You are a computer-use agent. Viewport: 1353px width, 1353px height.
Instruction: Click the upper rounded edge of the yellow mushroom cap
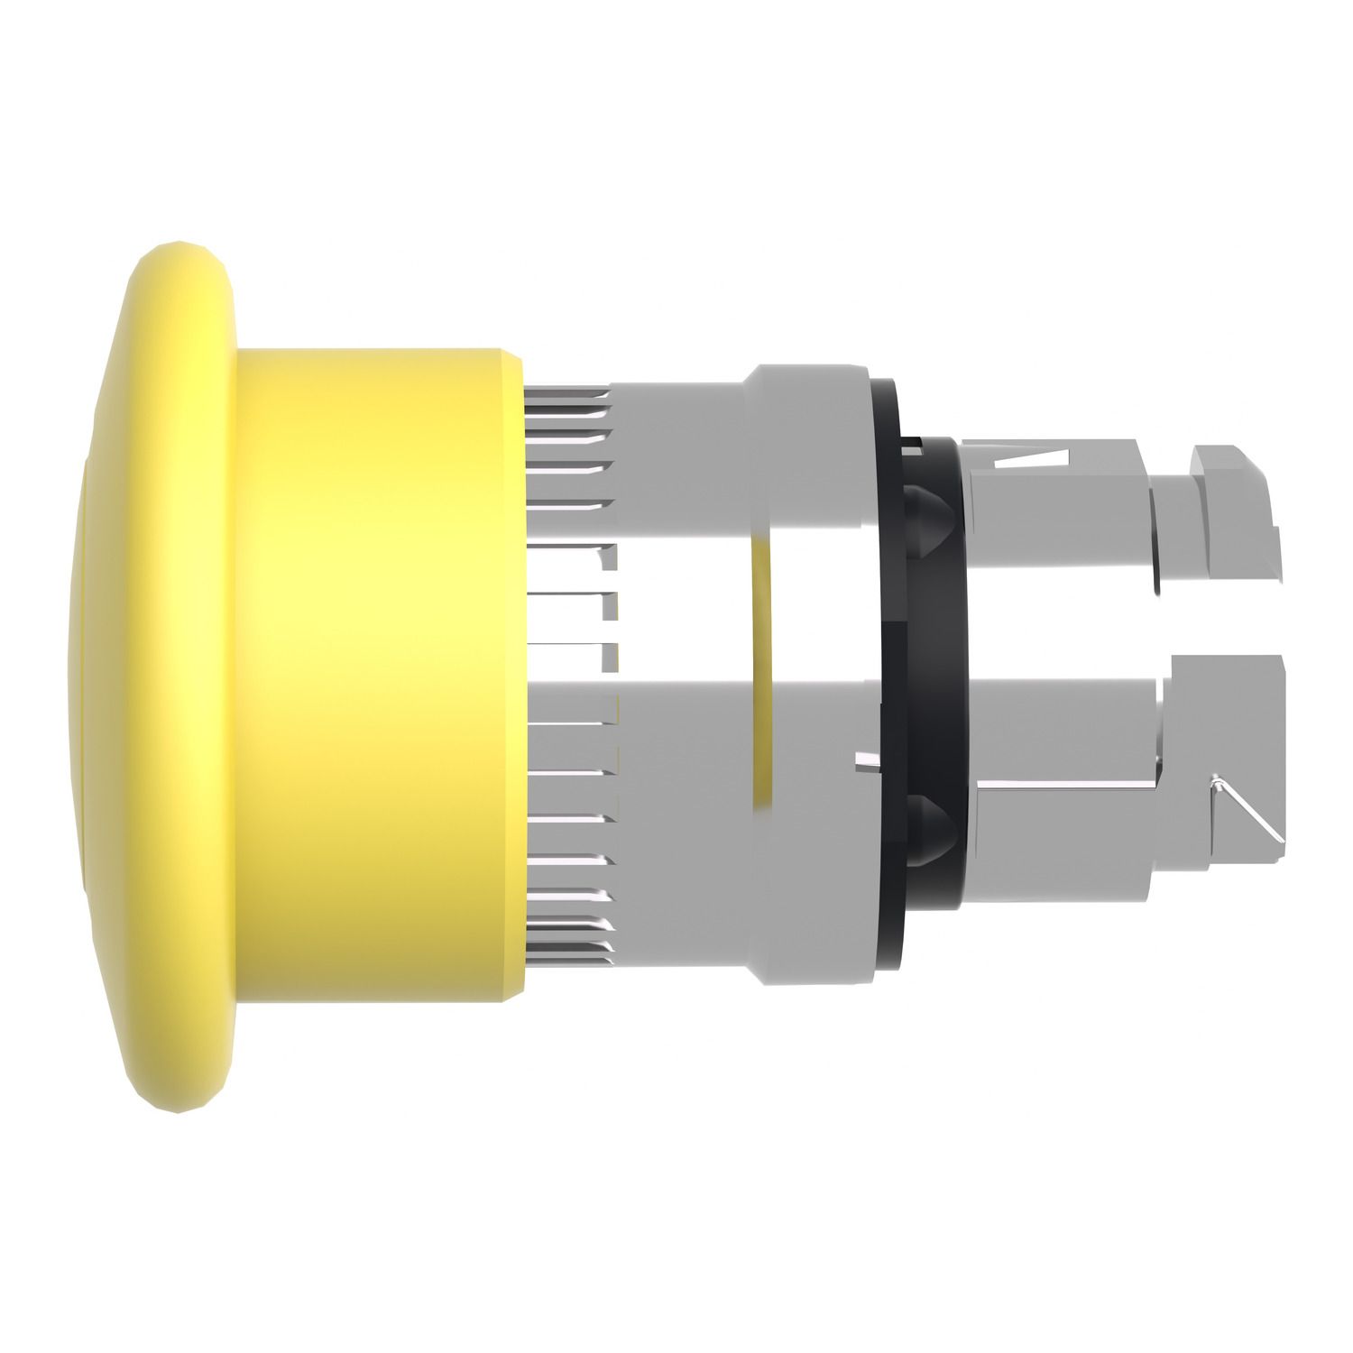coord(180,271)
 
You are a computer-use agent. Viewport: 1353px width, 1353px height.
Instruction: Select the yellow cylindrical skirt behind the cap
coord(379,676)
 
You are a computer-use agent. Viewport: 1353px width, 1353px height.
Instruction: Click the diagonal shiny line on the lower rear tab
coord(1249,807)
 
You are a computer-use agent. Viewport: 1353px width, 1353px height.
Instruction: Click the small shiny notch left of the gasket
coord(866,762)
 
